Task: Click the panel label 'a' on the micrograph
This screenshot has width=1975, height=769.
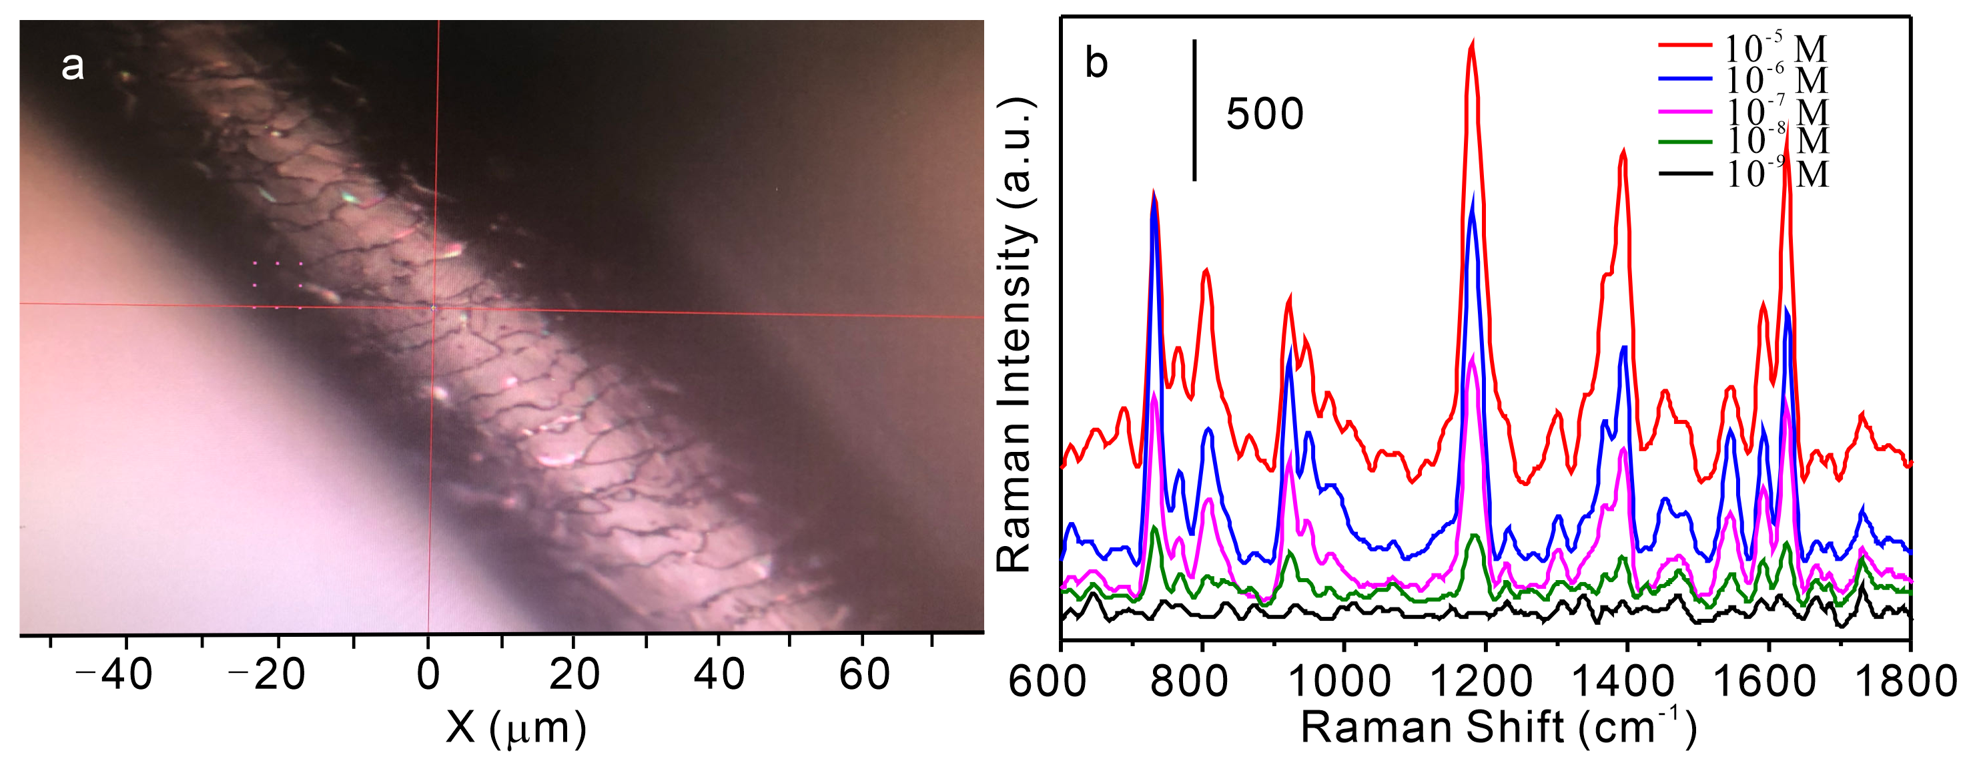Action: (x=72, y=66)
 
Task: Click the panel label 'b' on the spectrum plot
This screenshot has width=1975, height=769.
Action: (x=1096, y=63)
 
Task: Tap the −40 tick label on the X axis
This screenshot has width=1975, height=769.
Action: (x=114, y=675)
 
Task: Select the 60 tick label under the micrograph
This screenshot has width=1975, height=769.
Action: (x=864, y=675)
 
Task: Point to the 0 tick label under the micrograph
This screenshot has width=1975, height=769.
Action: (x=428, y=675)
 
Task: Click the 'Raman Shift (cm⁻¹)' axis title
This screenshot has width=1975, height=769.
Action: (x=1498, y=727)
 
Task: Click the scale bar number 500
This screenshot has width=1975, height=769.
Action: (x=1264, y=115)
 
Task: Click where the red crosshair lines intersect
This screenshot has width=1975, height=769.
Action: (x=434, y=308)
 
